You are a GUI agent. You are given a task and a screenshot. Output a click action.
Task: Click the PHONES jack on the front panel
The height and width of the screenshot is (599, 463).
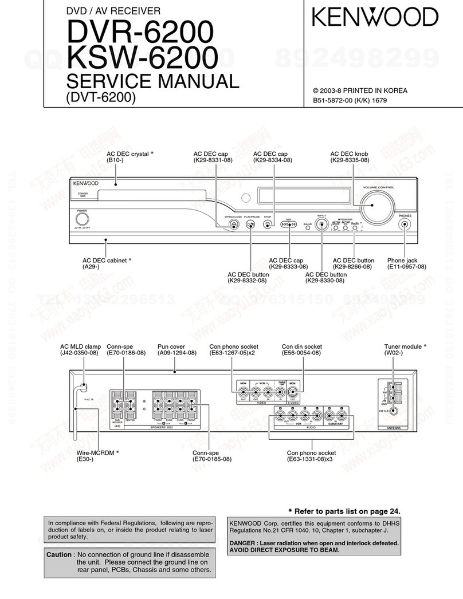405,224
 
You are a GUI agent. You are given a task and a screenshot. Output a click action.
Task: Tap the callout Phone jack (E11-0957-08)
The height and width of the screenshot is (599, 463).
406,263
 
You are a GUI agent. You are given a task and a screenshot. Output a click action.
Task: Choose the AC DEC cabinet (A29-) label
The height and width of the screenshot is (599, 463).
107,263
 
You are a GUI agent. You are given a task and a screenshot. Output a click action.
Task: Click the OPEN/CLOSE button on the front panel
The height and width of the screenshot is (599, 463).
233,224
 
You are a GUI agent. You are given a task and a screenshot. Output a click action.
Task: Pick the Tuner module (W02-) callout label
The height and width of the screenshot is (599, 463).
405,350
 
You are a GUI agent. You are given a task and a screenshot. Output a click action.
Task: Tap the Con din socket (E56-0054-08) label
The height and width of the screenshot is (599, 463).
301,350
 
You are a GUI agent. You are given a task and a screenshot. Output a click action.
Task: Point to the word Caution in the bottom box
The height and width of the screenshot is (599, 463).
58,555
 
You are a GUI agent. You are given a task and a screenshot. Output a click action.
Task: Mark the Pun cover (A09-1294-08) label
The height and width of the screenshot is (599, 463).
176,350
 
